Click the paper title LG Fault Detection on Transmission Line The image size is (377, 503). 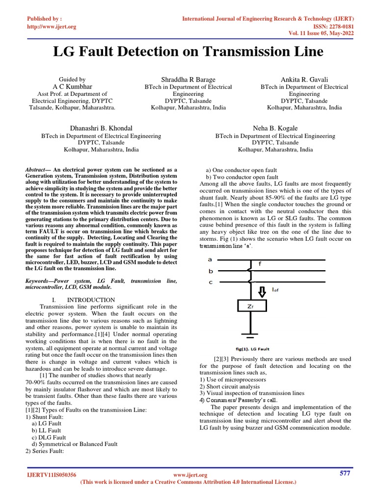point(188,52)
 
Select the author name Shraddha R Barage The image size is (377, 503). point(188,79)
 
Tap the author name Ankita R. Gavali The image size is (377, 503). point(304,79)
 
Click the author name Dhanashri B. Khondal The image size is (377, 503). point(101,128)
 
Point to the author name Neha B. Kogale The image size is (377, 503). point(275,128)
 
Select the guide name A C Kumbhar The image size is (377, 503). point(72,86)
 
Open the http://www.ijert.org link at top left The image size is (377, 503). point(51,27)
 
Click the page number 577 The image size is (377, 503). point(345,473)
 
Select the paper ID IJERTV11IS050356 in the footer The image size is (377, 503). point(51,475)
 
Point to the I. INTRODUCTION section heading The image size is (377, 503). point(83,300)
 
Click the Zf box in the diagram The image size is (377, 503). point(250,307)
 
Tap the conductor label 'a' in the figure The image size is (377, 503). point(210,259)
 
